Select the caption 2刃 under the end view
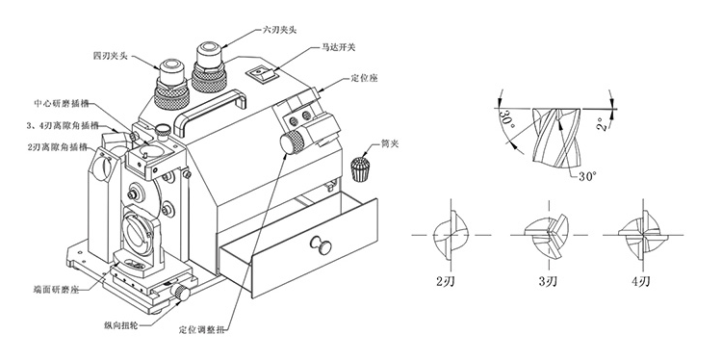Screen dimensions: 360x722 445,282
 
